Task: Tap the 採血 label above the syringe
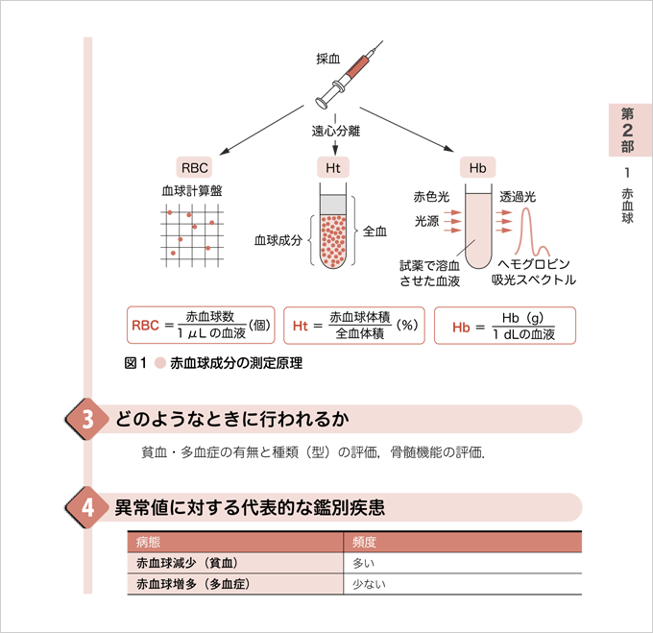pos(328,59)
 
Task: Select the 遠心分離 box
pos(335,130)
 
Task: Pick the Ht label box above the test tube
pos(333,168)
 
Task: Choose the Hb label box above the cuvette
pos(477,168)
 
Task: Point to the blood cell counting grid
pos(193,233)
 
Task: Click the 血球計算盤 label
pos(192,191)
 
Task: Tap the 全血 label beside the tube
pos(375,231)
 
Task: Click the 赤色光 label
pos(431,197)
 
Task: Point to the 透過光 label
pos(518,197)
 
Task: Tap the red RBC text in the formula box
pos(145,326)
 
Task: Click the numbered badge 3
pos(87,420)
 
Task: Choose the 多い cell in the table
pos(364,563)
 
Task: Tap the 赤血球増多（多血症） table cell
pos(193,584)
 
